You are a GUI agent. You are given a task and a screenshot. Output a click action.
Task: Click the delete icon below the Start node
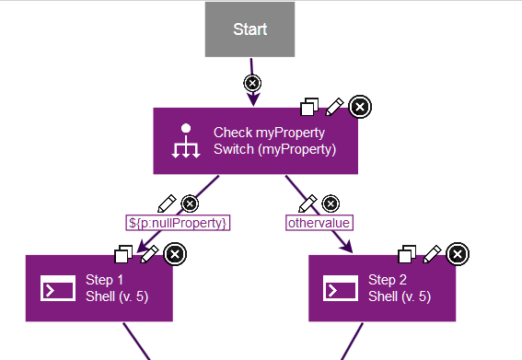point(252,83)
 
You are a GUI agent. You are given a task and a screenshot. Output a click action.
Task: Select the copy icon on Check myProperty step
point(310,107)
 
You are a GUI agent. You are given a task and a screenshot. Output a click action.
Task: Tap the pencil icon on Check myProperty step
point(335,107)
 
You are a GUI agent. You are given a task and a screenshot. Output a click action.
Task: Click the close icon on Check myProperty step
point(361,107)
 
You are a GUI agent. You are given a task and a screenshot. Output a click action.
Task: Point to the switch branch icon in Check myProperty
point(187,141)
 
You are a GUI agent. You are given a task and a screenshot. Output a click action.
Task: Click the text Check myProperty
point(269,133)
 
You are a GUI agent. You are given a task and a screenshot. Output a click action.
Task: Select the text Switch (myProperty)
point(274,149)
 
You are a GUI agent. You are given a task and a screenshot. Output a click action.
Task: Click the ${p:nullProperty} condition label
point(177,223)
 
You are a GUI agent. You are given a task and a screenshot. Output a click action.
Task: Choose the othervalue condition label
point(319,223)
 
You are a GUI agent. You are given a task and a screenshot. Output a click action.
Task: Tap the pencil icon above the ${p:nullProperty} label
point(167,203)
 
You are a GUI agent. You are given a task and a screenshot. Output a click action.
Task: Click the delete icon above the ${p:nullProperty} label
point(190,203)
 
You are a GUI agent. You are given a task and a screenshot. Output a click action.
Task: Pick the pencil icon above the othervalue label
point(308,203)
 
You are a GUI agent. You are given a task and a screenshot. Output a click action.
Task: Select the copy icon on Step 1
point(123,253)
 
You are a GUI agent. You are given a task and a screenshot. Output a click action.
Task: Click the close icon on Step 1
point(174,253)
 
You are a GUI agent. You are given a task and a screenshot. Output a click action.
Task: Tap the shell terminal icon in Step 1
point(58,288)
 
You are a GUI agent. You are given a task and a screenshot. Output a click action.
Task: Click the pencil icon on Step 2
point(431,253)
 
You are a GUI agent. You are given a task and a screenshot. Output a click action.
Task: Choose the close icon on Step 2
point(457,253)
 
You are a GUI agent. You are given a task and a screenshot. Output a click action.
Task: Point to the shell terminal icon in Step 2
point(341,288)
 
